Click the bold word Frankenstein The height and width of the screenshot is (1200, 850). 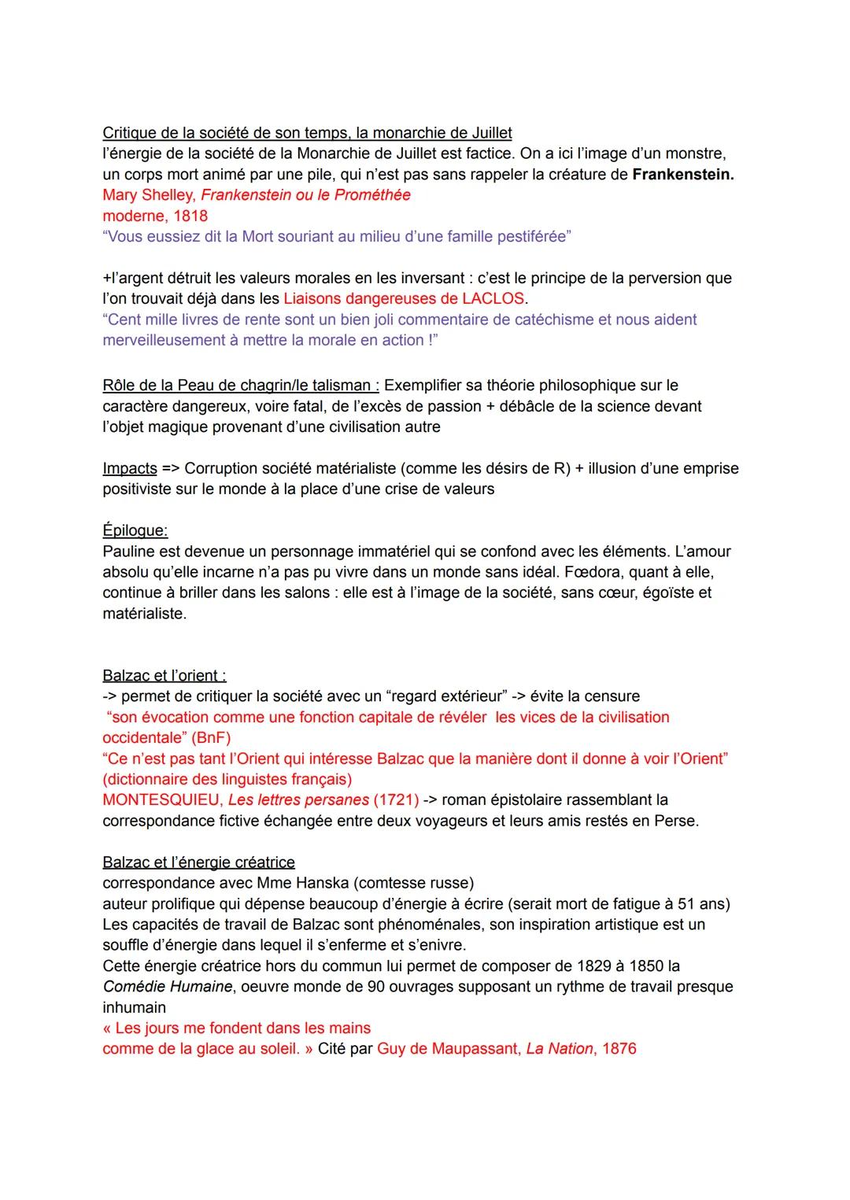click(682, 174)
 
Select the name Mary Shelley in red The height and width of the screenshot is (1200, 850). click(147, 195)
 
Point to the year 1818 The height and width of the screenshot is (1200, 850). click(190, 216)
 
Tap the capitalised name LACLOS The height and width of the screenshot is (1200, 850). click(493, 298)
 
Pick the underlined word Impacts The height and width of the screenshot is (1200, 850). click(130, 468)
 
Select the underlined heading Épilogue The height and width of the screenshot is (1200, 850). click(135, 531)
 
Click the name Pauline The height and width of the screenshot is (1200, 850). click(129, 552)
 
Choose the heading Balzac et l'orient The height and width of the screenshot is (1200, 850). click(164, 676)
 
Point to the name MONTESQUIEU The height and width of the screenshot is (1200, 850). click(161, 800)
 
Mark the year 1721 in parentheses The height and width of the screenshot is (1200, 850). click(395, 800)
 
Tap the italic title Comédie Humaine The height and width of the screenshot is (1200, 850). click(167, 987)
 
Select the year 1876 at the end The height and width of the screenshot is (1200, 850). click(619, 1049)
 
